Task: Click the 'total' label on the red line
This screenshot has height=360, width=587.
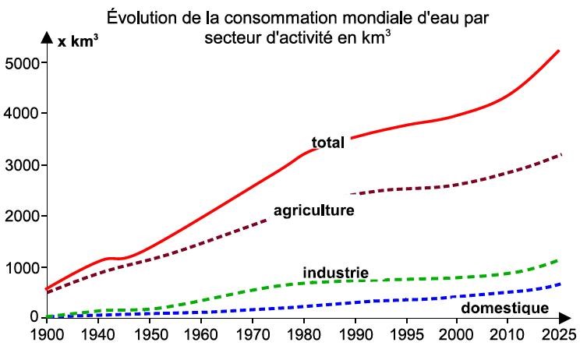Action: coord(328,143)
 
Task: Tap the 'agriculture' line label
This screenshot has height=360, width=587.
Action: coord(313,210)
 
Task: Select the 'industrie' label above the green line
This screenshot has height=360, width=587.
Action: coord(335,273)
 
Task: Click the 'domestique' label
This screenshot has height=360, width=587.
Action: coord(505,308)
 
